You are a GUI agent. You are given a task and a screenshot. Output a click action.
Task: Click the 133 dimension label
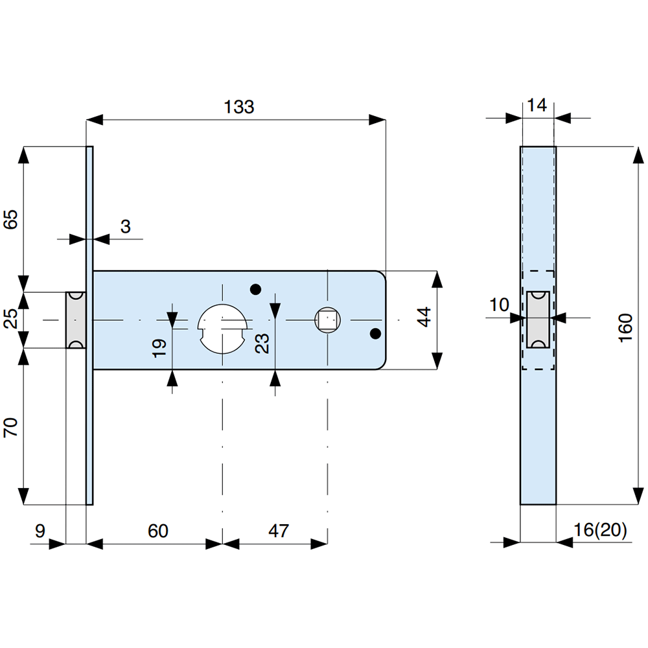point(239,108)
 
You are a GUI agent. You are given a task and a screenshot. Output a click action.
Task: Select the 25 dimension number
point(11,320)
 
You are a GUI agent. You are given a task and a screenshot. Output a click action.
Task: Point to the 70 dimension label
point(11,428)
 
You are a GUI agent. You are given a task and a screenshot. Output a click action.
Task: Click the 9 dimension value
point(40,531)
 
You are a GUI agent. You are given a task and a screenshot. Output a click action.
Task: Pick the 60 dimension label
point(157,531)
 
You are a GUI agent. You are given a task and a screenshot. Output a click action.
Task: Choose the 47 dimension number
point(278,531)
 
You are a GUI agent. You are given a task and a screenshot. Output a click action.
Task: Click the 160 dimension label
point(625,328)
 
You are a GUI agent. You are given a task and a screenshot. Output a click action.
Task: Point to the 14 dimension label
point(538,104)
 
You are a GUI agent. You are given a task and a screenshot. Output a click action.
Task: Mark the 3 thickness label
point(125,226)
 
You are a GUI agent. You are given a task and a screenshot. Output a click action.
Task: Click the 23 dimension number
point(262,343)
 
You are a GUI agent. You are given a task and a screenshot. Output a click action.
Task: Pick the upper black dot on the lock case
point(255,289)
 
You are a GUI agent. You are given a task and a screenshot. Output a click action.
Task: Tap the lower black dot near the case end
point(375,334)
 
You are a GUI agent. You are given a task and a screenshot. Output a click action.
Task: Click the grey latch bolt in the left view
point(76,320)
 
